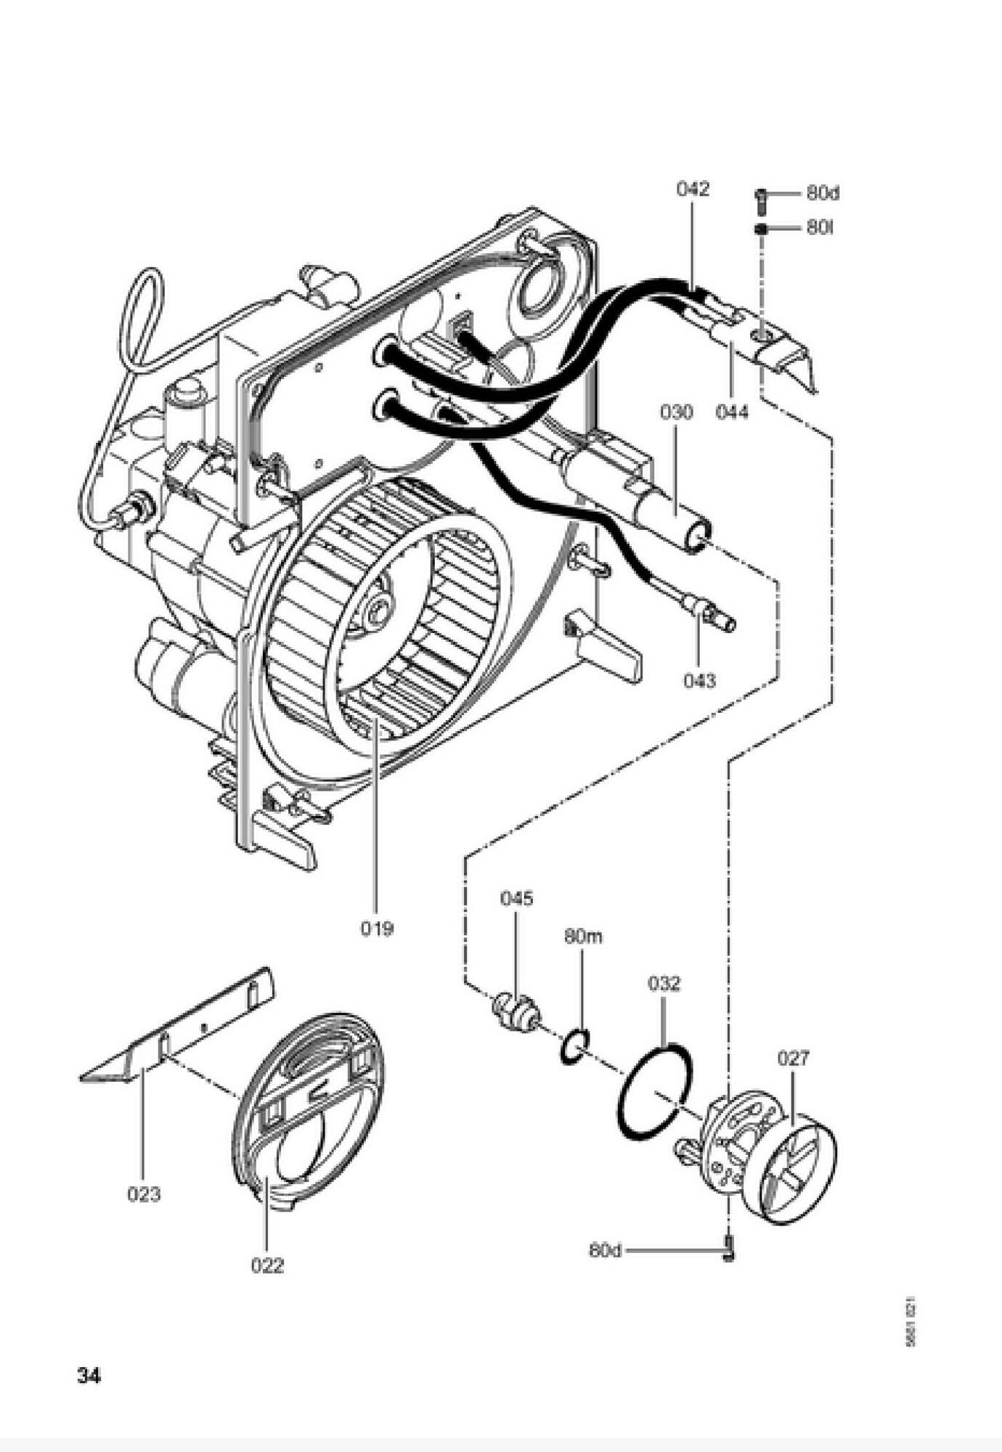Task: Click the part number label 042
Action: click(692, 189)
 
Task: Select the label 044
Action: click(731, 412)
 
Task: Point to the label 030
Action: click(676, 412)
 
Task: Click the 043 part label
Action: click(699, 680)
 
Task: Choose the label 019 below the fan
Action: click(377, 928)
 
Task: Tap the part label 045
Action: click(516, 898)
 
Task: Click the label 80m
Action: click(583, 937)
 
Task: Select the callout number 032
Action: click(664, 984)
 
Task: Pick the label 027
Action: click(793, 1059)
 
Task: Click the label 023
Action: click(144, 1194)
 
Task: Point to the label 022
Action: click(267, 1265)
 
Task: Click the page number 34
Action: click(89, 1375)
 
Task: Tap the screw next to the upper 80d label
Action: click(761, 199)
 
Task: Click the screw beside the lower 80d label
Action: click(729, 1250)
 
